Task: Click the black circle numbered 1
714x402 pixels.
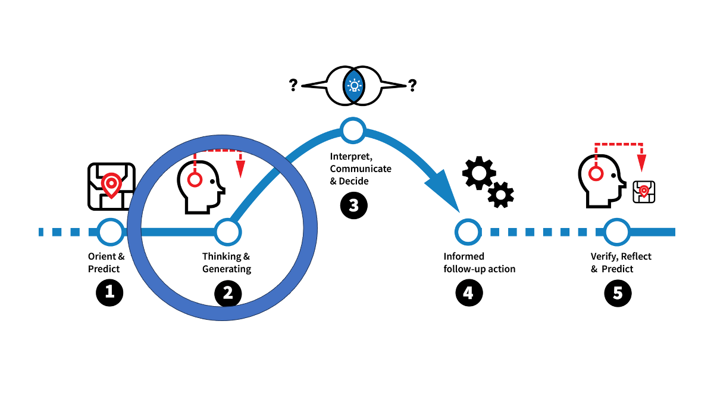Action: (109, 293)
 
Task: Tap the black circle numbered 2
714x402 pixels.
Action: (227, 293)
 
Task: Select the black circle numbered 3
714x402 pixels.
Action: (354, 205)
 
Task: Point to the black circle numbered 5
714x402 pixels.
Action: (618, 293)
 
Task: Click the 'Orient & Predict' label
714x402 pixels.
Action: (107, 263)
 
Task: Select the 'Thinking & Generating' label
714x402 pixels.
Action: (226, 263)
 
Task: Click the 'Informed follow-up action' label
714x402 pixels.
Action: (479, 263)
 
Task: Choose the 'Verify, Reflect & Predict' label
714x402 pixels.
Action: (621, 263)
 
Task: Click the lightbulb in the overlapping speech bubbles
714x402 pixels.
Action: (355, 86)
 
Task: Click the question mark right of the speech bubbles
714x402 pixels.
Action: (412, 86)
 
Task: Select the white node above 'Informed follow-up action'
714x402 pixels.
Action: (467, 232)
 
